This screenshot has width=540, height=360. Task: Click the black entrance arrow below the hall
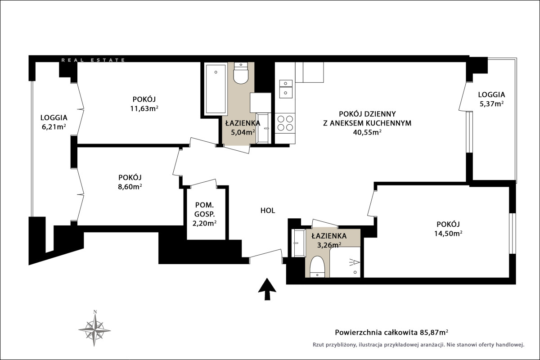[267, 289]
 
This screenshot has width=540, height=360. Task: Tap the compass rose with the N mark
[95, 329]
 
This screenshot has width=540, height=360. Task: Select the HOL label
[268, 211]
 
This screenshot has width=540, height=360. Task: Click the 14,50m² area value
[448, 234]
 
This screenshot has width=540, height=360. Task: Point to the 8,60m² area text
[130, 187]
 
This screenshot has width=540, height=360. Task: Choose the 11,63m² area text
[144, 108]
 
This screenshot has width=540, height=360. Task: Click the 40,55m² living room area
[367, 132]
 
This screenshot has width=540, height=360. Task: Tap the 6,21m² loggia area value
[54, 127]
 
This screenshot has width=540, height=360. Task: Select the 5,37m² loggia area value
[491, 104]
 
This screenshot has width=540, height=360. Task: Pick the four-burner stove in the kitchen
[285, 123]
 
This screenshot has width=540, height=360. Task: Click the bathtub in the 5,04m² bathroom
[216, 89]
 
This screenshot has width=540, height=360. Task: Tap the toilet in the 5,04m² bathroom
[241, 73]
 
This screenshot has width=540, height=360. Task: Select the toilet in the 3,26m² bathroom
[317, 267]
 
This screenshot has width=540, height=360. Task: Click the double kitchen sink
[286, 89]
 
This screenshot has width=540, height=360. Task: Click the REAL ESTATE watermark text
[93, 60]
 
